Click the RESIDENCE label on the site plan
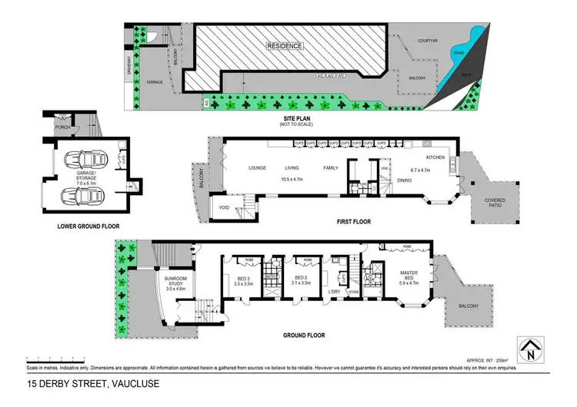click(x=285, y=46)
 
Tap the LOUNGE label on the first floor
click(x=256, y=167)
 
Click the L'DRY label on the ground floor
click(x=334, y=292)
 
